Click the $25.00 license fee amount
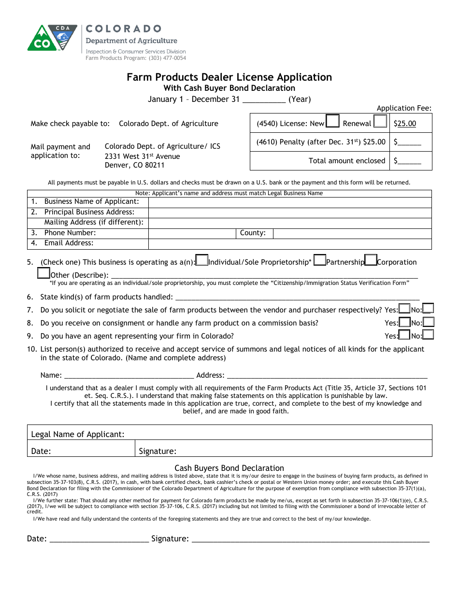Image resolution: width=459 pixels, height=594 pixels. pos(405,124)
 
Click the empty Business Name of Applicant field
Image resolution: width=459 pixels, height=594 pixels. pos(290,202)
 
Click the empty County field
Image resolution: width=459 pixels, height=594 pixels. pos(352,233)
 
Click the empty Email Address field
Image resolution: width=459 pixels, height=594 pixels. pos(290,244)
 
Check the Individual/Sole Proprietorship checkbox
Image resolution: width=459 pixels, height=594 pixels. pos(202,261)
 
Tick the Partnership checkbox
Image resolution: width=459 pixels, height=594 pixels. pos(320,261)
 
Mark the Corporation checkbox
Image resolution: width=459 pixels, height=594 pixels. pos(371,261)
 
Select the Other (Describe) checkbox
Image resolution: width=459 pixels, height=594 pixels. pos(43,273)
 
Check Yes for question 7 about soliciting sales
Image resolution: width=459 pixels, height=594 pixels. pos(404,309)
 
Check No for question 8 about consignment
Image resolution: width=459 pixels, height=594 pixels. pos(429,322)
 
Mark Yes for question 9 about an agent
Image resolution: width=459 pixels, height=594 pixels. pos(404,335)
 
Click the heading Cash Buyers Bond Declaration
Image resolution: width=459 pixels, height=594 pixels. pos(229,468)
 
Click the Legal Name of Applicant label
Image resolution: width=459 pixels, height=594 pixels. pos(78,434)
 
